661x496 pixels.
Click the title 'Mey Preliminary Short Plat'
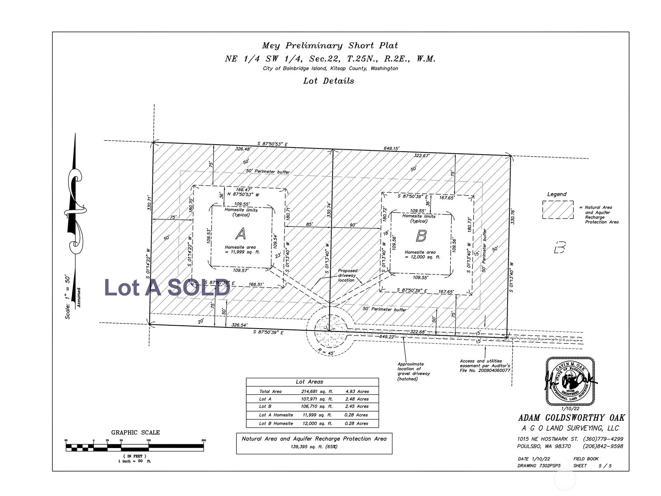pyautogui.click(x=330, y=45)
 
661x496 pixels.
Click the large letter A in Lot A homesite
pyautogui.click(x=240, y=234)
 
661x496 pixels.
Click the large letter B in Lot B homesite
pyautogui.click(x=421, y=236)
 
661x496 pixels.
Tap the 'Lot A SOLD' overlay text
pyautogui.click(x=167, y=287)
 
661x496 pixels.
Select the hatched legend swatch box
pyautogui.click(x=558, y=210)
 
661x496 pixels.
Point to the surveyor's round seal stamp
pyautogui.click(x=570, y=381)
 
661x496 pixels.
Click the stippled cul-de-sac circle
pyautogui.click(x=329, y=329)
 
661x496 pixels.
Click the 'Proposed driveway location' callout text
pyautogui.click(x=347, y=275)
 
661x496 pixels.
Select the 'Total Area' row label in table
pyautogui.click(x=270, y=391)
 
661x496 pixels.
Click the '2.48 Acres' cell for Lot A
pyautogui.click(x=357, y=399)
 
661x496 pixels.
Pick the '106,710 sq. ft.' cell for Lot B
pyautogui.click(x=316, y=407)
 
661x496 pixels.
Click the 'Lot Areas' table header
pyautogui.click(x=309, y=382)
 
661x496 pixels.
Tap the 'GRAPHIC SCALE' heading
pyautogui.click(x=135, y=432)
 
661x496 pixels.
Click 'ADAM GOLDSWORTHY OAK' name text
pyautogui.click(x=571, y=418)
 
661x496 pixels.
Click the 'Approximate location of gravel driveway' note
pyautogui.click(x=414, y=372)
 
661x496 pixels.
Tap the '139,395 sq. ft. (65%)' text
pyautogui.click(x=314, y=447)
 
